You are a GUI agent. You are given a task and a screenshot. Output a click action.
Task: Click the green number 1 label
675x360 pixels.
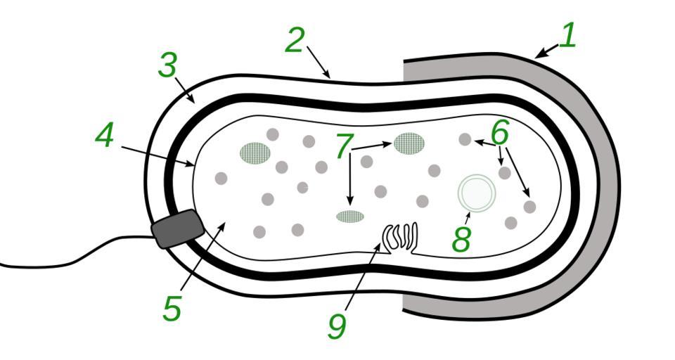567,35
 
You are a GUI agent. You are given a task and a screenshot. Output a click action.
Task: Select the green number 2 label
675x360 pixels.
295,41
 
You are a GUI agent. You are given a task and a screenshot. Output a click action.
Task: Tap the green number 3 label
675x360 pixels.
167,66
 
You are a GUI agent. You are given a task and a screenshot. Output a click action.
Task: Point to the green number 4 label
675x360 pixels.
105,136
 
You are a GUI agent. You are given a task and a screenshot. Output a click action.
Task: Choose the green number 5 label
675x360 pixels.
172,308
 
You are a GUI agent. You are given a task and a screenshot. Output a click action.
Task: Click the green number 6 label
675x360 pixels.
500,131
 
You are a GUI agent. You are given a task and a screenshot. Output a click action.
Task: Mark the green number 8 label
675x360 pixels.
461,239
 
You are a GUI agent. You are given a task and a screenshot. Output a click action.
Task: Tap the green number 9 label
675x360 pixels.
337,325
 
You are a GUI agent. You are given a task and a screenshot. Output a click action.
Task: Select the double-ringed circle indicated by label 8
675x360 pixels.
477,193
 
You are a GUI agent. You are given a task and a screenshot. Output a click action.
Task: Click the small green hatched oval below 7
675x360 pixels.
350,217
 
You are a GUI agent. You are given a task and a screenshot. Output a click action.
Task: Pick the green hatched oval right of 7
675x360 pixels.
409,143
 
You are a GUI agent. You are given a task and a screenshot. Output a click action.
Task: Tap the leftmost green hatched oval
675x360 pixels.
255,153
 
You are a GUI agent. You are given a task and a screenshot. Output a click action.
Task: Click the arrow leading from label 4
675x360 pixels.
158,157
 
